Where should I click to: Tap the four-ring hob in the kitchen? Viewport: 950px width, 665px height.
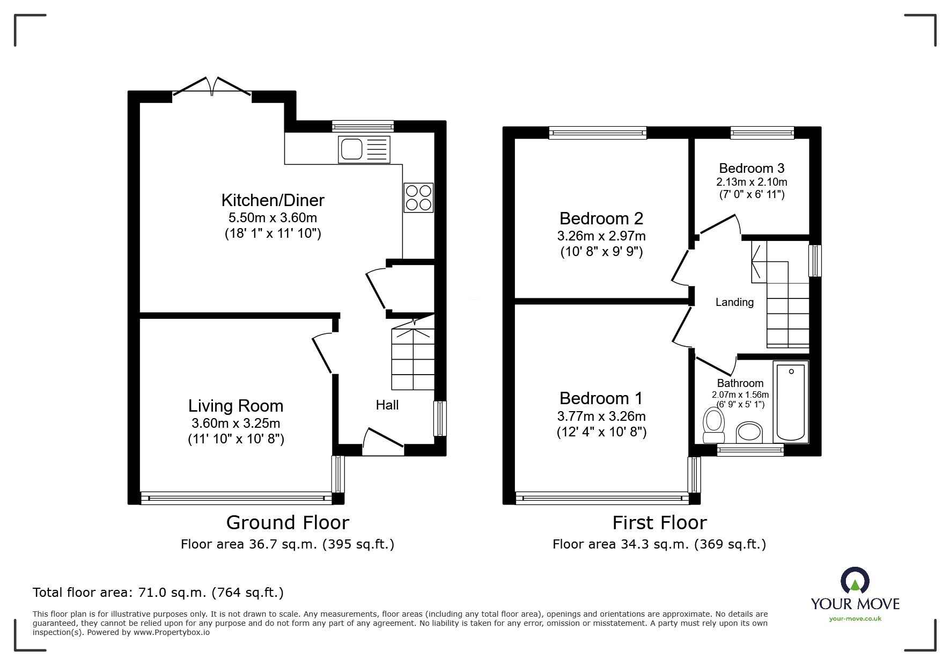[418, 198]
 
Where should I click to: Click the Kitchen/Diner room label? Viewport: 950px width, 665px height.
[273, 200]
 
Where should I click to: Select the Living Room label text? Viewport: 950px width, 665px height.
[235, 406]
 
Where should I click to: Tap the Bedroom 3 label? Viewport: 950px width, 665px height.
[752, 168]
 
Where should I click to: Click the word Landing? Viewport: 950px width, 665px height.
[734, 302]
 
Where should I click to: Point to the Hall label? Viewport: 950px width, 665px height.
[387, 405]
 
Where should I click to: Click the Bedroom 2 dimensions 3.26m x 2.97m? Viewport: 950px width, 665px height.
[601, 236]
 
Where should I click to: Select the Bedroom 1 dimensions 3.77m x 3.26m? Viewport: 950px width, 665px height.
[601, 416]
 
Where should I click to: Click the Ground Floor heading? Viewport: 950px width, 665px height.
[288, 522]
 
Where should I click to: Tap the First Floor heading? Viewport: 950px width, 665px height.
[659, 522]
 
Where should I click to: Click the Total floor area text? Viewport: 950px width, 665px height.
[158, 593]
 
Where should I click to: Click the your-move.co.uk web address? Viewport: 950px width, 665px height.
[855, 618]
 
